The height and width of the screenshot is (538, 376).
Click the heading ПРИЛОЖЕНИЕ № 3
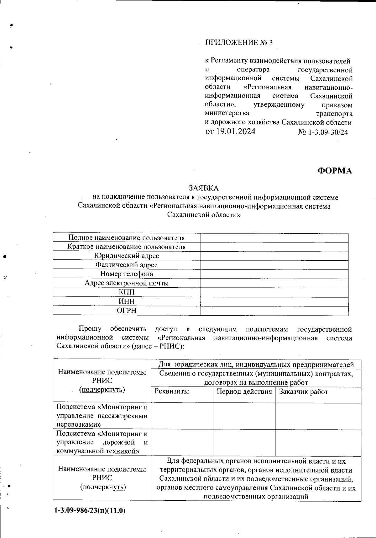tap(239, 43)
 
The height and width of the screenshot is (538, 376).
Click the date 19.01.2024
tap(235, 131)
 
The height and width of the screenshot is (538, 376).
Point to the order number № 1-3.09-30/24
tap(322, 132)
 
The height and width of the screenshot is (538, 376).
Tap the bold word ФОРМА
tap(335, 171)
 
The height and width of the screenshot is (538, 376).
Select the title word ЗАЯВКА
tap(203, 188)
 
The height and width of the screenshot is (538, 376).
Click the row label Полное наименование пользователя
tap(126, 238)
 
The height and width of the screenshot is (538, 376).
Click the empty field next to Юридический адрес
tap(274, 256)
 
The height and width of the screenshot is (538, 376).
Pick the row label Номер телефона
tap(127, 274)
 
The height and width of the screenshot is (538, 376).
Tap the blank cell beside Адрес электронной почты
tap(274, 283)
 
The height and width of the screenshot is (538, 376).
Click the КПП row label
tap(127, 292)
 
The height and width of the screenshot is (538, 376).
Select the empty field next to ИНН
tap(274, 301)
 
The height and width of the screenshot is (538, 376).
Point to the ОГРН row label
tap(127, 311)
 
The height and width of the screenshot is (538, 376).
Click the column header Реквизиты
tap(172, 392)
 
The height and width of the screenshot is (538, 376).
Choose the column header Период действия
tap(244, 392)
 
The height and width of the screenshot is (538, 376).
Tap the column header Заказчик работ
tap(303, 392)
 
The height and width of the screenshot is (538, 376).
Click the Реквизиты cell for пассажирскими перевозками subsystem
tap(182, 416)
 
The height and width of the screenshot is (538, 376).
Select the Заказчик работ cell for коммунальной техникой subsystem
tap(318, 442)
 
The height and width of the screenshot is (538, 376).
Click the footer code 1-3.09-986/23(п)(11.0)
tap(90, 510)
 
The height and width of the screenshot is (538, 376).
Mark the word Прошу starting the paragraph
tap(90, 329)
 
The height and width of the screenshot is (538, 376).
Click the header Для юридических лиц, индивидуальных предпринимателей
tap(256, 365)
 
